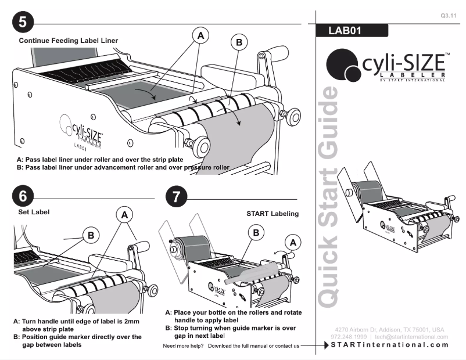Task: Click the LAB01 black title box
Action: tap(350, 31)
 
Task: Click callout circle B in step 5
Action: tap(238, 42)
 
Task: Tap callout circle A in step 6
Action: tap(124, 214)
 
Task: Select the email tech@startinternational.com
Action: tap(411, 337)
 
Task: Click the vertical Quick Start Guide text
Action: tap(329, 197)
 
